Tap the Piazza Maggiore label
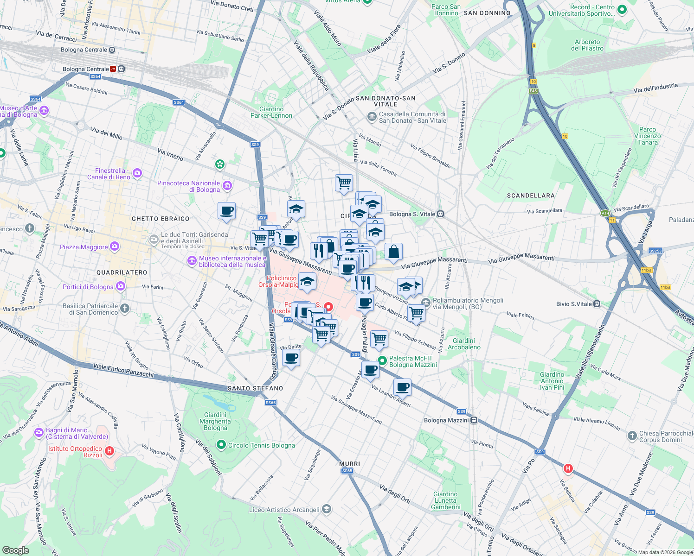(x=84, y=247)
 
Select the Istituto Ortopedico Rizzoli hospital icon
(x=109, y=451)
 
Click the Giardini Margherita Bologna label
(x=215, y=421)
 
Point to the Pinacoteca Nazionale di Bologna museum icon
(x=227, y=186)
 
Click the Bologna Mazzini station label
(x=446, y=420)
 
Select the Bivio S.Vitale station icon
(x=597, y=304)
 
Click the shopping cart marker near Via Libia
(x=344, y=183)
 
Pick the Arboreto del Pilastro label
(x=587, y=45)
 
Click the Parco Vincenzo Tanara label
(x=647, y=136)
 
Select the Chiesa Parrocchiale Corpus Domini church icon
(x=632, y=436)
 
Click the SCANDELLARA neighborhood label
(x=531, y=196)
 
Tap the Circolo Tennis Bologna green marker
(x=221, y=445)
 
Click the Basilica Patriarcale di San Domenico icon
(x=125, y=309)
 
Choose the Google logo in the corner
(x=15, y=550)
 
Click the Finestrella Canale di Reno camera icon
(x=137, y=173)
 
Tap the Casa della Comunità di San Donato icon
(x=372, y=117)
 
